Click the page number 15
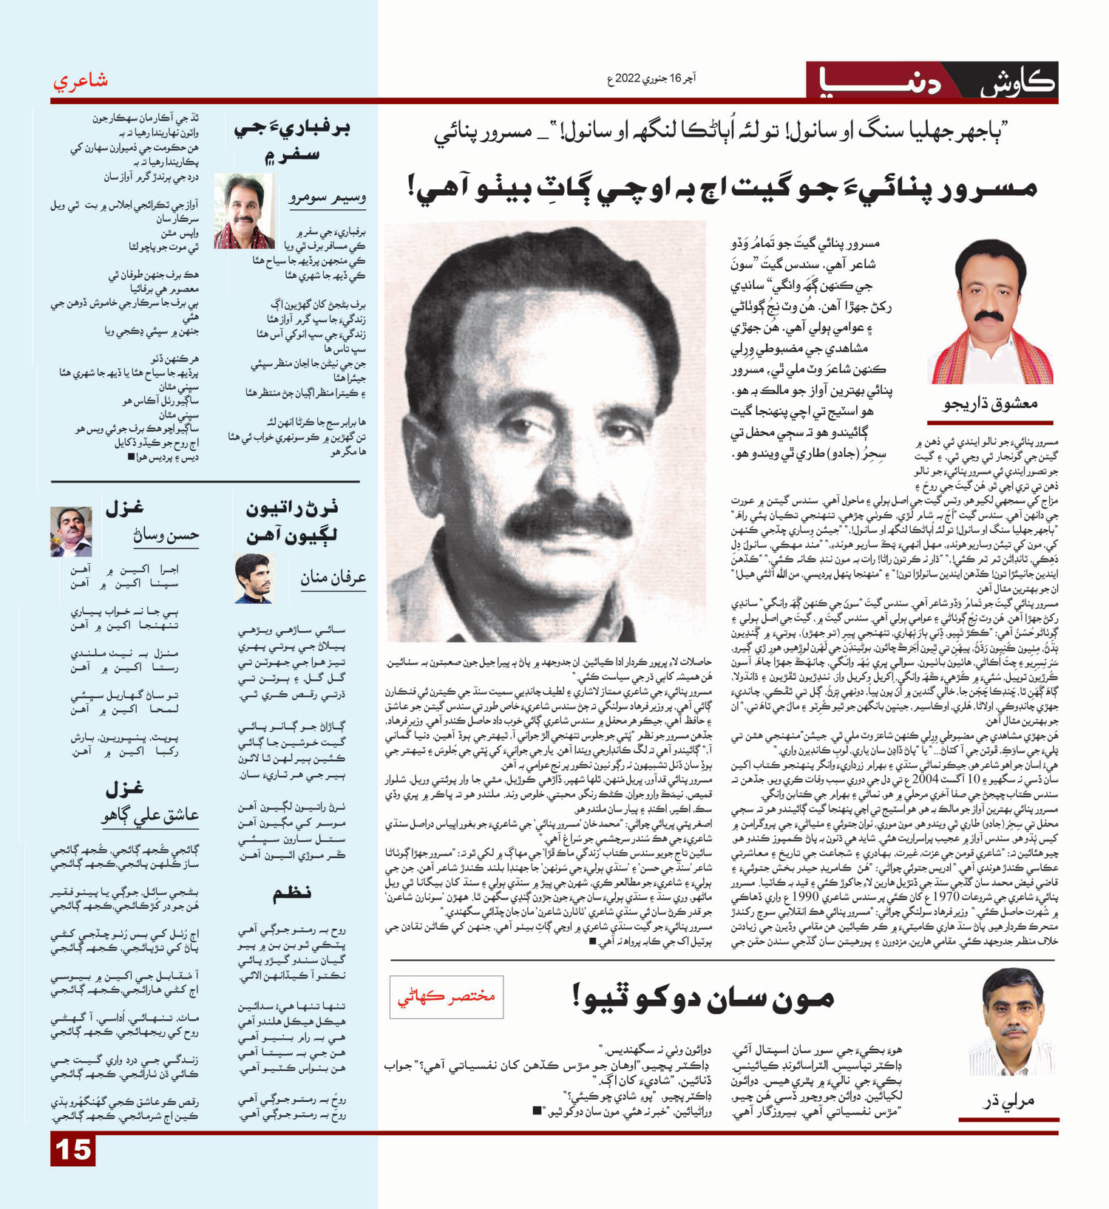click(73, 1150)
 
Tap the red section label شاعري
click(81, 81)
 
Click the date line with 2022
click(651, 78)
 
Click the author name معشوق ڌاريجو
click(990, 404)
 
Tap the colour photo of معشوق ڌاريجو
click(991, 312)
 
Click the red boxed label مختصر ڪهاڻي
click(447, 996)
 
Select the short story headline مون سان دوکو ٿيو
click(702, 998)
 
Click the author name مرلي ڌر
click(1008, 1100)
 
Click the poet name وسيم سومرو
click(327, 197)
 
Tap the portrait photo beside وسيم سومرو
click(243, 211)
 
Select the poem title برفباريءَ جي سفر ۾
click(292, 140)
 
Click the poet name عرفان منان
click(333, 578)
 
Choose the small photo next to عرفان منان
click(253, 578)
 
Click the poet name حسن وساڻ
click(166, 534)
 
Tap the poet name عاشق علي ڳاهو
click(150, 814)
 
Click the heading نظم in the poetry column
click(292, 893)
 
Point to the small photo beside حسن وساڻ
click(71, 531)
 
